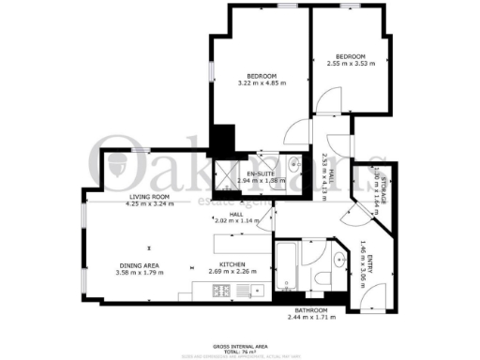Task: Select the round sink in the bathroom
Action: coord(338,259)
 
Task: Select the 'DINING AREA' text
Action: coord(138,265)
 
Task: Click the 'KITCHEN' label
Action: coord(232,265)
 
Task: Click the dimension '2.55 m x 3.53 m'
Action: coord(351,64)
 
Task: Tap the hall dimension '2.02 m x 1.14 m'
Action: coord(240,220)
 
